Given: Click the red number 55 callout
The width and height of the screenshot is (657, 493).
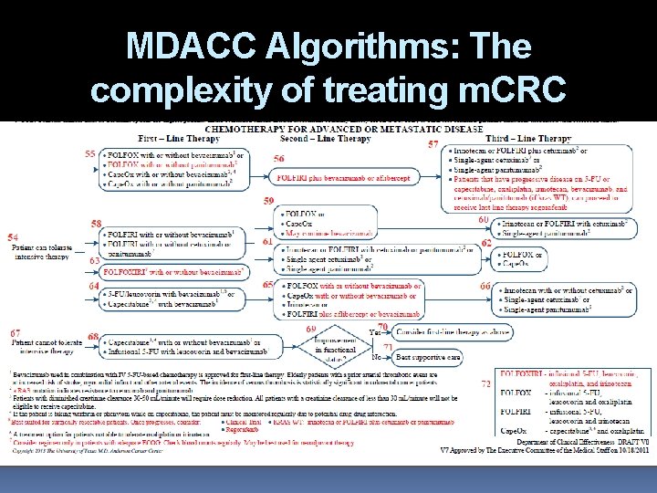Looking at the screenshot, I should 90,154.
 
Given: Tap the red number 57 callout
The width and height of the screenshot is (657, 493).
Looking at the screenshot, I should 433,143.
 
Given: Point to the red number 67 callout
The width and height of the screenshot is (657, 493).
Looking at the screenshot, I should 16,331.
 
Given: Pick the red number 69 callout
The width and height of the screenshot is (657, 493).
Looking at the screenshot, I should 311,328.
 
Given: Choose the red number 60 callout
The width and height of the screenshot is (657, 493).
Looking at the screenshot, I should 484,220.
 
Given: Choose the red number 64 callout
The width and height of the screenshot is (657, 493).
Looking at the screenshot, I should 94,286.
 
